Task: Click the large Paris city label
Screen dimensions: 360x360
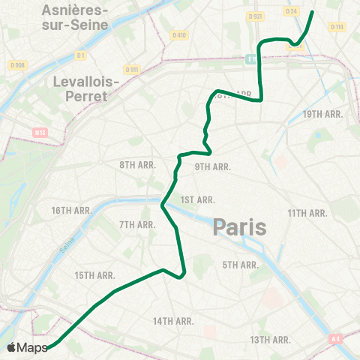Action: (x=240, y=226)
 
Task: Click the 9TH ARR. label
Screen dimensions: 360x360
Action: (x=213, y=167)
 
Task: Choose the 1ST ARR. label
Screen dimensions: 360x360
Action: (x=198, y=199)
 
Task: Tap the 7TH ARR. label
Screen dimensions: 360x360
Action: (x=136, y=224)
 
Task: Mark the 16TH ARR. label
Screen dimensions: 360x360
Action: (x=72, y=211)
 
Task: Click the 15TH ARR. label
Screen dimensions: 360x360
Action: (x=94, y=276)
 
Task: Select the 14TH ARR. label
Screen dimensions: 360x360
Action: (x=173, y=321)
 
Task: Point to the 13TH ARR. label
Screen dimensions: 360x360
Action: (x=270, y=340)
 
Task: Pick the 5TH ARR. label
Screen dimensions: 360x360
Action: (x=240, y=265)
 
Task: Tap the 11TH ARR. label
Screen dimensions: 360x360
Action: (x=308, y=213)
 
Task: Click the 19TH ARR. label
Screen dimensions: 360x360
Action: (x=322, y=114)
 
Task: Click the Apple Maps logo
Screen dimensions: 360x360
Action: (x=27, y=347)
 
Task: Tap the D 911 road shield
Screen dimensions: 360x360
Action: (x=133, y=70)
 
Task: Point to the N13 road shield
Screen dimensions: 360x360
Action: (x=40, y=133)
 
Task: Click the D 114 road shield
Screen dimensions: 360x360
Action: (x=336, y=27)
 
